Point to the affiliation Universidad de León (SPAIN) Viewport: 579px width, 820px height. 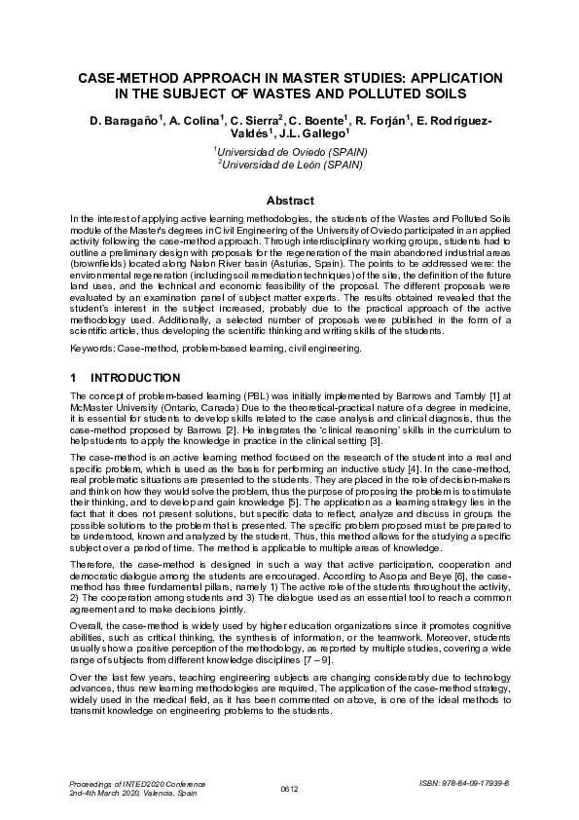tap(291, 166)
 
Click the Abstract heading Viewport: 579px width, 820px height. tap(289, 201)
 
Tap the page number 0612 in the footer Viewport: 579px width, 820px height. tap(289, 789)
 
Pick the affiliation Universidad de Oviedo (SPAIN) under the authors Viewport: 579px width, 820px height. tap(291, 153)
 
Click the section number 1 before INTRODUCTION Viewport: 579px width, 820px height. tap(74, 377)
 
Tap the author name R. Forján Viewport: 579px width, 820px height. tap(383, 120)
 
